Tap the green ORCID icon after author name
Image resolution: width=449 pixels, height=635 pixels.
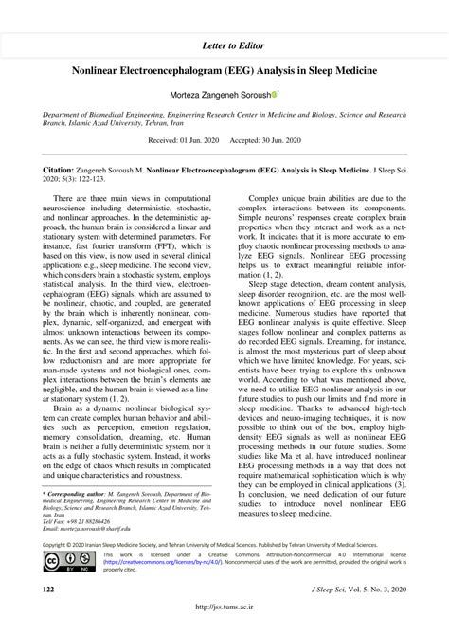[x=275, y=95]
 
